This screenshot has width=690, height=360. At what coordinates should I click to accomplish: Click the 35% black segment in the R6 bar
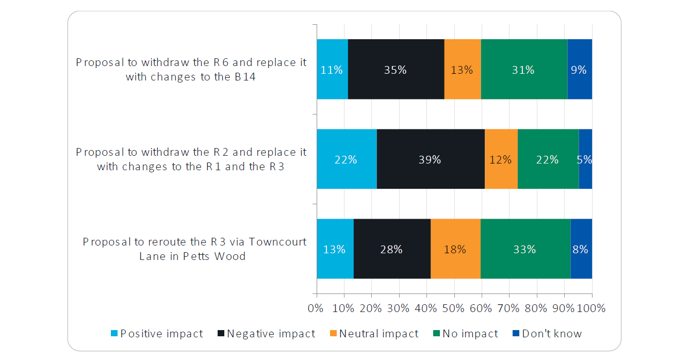[x=396, y=69]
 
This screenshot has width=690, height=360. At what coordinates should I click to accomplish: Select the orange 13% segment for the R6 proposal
[x=462, y=69]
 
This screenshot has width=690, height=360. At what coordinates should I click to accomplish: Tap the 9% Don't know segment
[x=579, y=69]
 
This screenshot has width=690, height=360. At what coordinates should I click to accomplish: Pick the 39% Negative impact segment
[x=431, y=159]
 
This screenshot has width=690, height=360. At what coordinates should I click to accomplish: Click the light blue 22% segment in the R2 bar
[x=347, y=159]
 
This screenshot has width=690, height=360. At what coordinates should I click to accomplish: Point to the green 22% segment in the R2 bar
[x=548, y=159]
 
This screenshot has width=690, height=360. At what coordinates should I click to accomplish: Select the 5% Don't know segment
[x=585, y=159]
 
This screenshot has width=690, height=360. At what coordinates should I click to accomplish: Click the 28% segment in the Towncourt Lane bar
[x=391, y=249]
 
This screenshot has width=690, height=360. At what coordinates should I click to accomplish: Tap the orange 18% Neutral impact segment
[x=455, y=249]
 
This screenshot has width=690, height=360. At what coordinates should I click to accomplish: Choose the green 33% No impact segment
[x=525, y=249]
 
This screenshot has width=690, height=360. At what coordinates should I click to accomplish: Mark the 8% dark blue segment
[x=581, y=249]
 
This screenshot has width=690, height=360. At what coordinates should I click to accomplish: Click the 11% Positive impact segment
[x=332, y=69]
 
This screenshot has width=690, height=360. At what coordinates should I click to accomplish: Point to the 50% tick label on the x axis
[x=454, y=308]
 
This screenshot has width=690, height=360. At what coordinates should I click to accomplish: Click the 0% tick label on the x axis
[x=315, y=308]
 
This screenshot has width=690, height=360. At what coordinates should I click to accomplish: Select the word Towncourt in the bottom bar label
[x=277, y=242]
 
